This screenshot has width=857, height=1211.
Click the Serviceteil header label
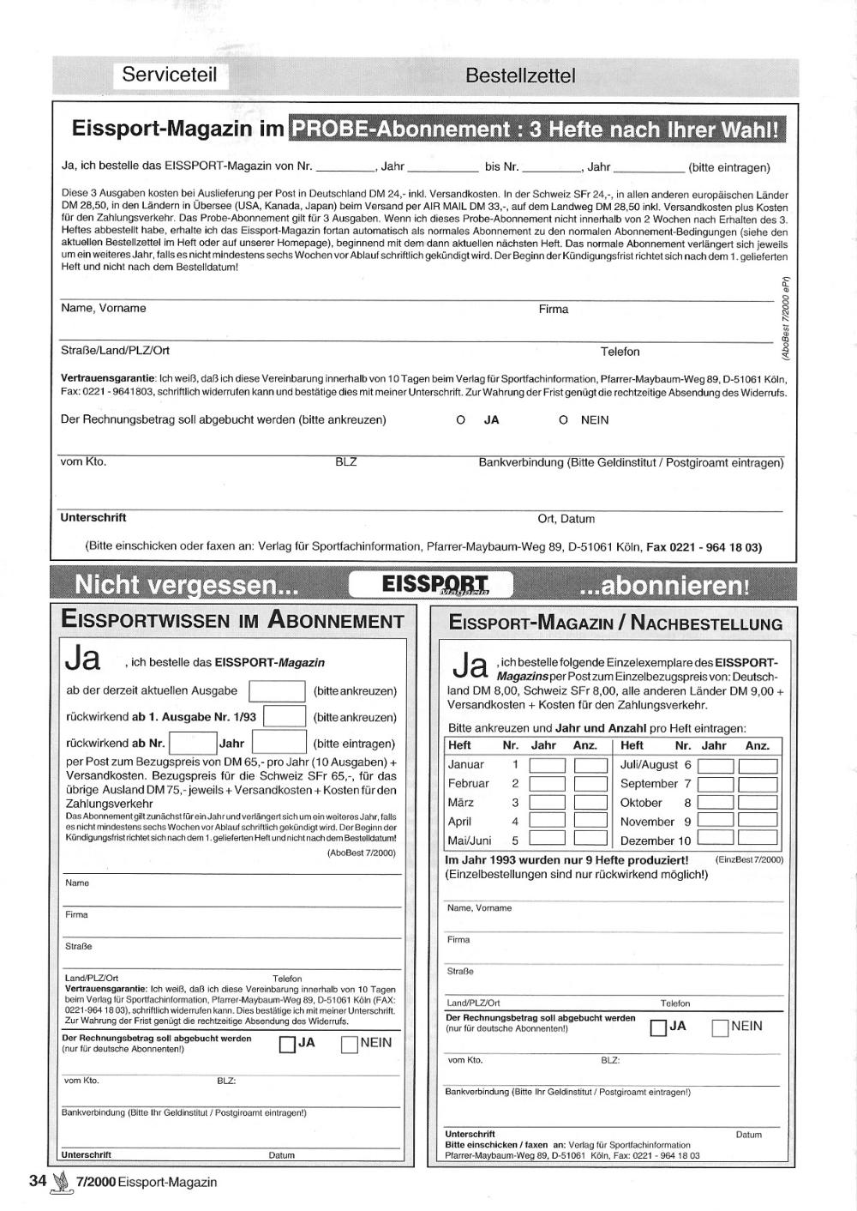169,75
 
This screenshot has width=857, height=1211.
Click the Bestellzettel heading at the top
520,75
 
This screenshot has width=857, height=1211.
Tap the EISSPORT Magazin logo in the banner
435,585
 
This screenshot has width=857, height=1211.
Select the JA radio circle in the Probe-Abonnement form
460,420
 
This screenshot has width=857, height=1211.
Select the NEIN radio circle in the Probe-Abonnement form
563,420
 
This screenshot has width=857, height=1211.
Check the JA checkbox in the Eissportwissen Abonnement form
287,1045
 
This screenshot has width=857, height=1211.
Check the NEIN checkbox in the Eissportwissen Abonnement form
349,1045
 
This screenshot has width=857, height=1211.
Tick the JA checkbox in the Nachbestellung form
658,1027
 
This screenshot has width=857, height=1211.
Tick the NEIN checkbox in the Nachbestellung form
720,1027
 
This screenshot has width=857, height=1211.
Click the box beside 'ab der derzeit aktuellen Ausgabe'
277,691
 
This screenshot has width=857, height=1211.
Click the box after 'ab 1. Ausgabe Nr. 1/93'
285,717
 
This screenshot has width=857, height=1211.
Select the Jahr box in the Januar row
547,765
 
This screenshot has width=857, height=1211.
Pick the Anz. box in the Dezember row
757,840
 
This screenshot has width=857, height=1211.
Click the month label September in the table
649,784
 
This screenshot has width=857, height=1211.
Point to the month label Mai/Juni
470,841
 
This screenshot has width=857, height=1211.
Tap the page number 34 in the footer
38,1181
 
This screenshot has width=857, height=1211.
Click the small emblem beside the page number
60,1182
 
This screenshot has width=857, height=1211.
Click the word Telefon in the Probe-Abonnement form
620,352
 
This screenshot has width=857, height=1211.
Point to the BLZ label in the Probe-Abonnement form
346,462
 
